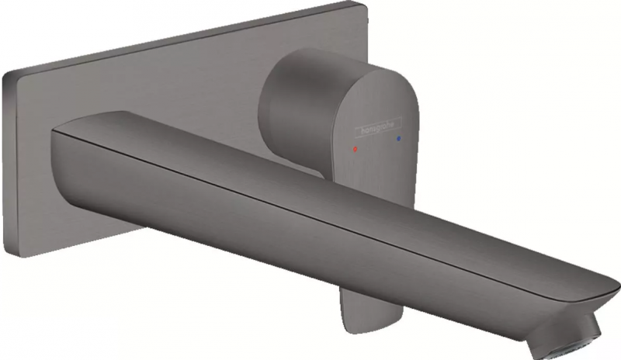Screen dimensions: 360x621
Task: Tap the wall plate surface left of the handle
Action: tap(179, 85)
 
